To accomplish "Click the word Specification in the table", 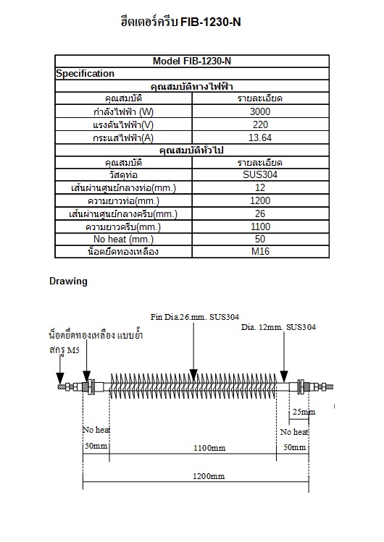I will click(85, 73).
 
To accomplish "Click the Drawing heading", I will click(68, 281).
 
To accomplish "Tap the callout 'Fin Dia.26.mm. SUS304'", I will click(194, 317).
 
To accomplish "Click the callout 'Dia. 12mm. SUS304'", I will click(277, 327).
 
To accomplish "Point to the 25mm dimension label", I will click(302, 412).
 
